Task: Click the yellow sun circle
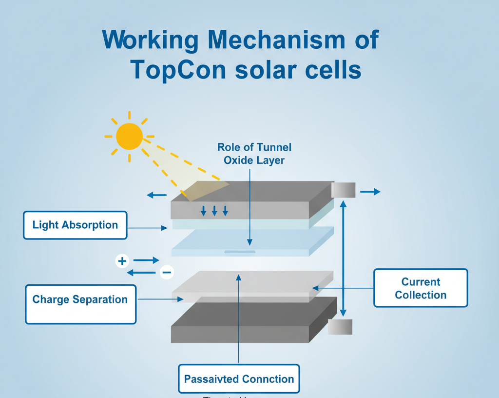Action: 129,136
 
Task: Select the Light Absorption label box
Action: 75,225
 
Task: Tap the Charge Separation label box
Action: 80,304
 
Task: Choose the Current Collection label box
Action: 421,288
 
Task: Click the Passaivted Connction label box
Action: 239,378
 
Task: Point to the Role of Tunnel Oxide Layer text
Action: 254,153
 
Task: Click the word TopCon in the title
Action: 178,70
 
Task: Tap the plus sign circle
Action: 122,261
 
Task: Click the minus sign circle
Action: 167,272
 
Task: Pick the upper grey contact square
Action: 343,190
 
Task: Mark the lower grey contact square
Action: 340,327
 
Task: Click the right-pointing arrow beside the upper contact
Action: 370,192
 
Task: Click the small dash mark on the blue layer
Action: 239,252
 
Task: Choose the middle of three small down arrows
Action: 214,211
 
